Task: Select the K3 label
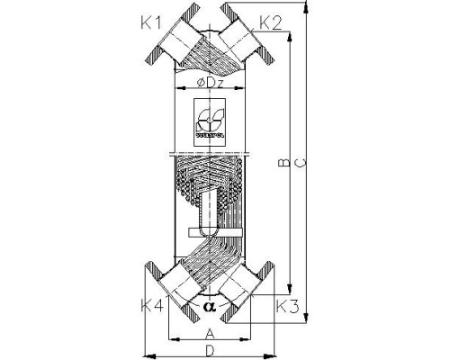(287, 307)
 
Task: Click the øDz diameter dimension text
(211, 84)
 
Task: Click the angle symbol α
(209, 306)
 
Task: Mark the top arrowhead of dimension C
(310, 10)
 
